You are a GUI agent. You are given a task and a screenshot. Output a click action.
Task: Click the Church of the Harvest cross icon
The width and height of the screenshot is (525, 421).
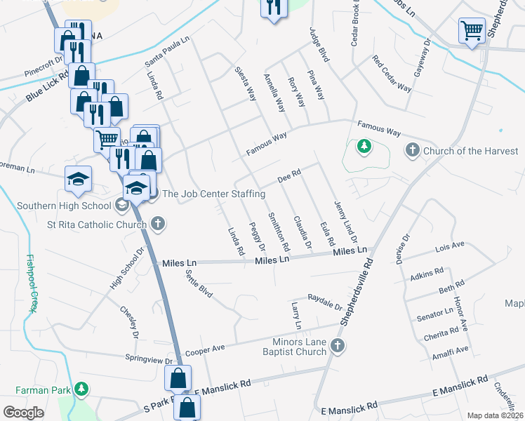click(412, 150)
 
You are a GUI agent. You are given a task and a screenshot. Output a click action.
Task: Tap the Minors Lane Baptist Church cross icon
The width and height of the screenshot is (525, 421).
click(338, 345)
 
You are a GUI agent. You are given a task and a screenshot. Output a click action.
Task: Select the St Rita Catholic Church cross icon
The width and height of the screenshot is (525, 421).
click(158, 224)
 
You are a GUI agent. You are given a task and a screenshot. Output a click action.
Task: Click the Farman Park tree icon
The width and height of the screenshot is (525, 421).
click(81, 387)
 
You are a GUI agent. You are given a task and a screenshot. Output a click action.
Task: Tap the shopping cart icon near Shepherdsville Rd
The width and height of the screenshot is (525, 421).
click(472, 31)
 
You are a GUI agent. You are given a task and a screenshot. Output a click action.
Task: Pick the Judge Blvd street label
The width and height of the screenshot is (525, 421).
click(319, 45)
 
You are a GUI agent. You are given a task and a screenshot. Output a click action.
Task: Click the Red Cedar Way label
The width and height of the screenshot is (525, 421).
click(392, 74)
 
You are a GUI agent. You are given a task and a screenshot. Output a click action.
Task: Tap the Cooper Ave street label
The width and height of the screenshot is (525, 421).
click(204, 349)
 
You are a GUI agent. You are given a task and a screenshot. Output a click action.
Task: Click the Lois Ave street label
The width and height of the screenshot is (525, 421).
click(450, 247)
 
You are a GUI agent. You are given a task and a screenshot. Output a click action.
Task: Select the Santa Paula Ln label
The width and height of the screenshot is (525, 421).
click(167, 53)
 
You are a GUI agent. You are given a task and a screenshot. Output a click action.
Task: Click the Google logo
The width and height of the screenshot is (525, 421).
click(24, 412)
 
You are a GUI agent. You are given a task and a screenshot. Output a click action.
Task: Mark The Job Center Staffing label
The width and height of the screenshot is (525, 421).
click(213, 194)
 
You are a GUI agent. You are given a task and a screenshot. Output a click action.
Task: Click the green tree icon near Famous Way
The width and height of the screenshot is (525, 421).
click(364, 147)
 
